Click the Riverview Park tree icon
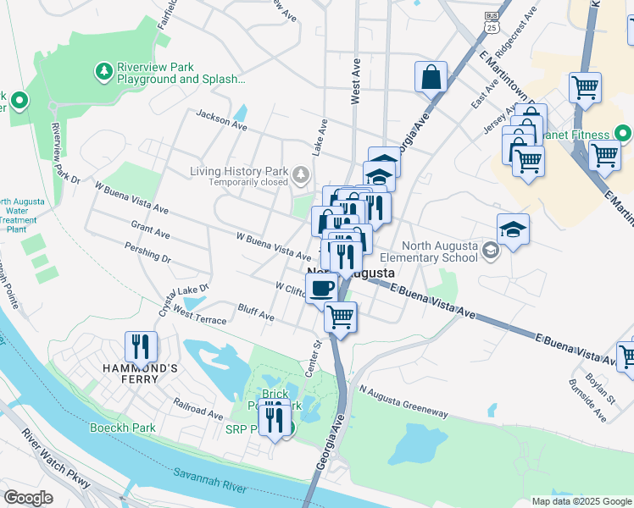pyautogui.click(x=104, y=72)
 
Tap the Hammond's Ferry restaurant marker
pyautogui.click(x=140, y=346)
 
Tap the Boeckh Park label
pyautogui.click(x=122, y=428)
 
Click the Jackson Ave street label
pyautogui.click(x=220, y=119)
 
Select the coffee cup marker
pyautogui.click(x=321, y=287)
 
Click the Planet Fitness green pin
pyautogui.click(x=623, y=134)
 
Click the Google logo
pyautogui.click(x=28, y=498)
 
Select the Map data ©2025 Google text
pyautogui.click(x=581, y=501)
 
